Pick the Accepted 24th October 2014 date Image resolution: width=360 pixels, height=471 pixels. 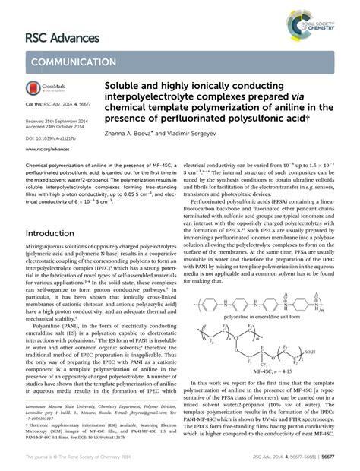coord(51,127)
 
